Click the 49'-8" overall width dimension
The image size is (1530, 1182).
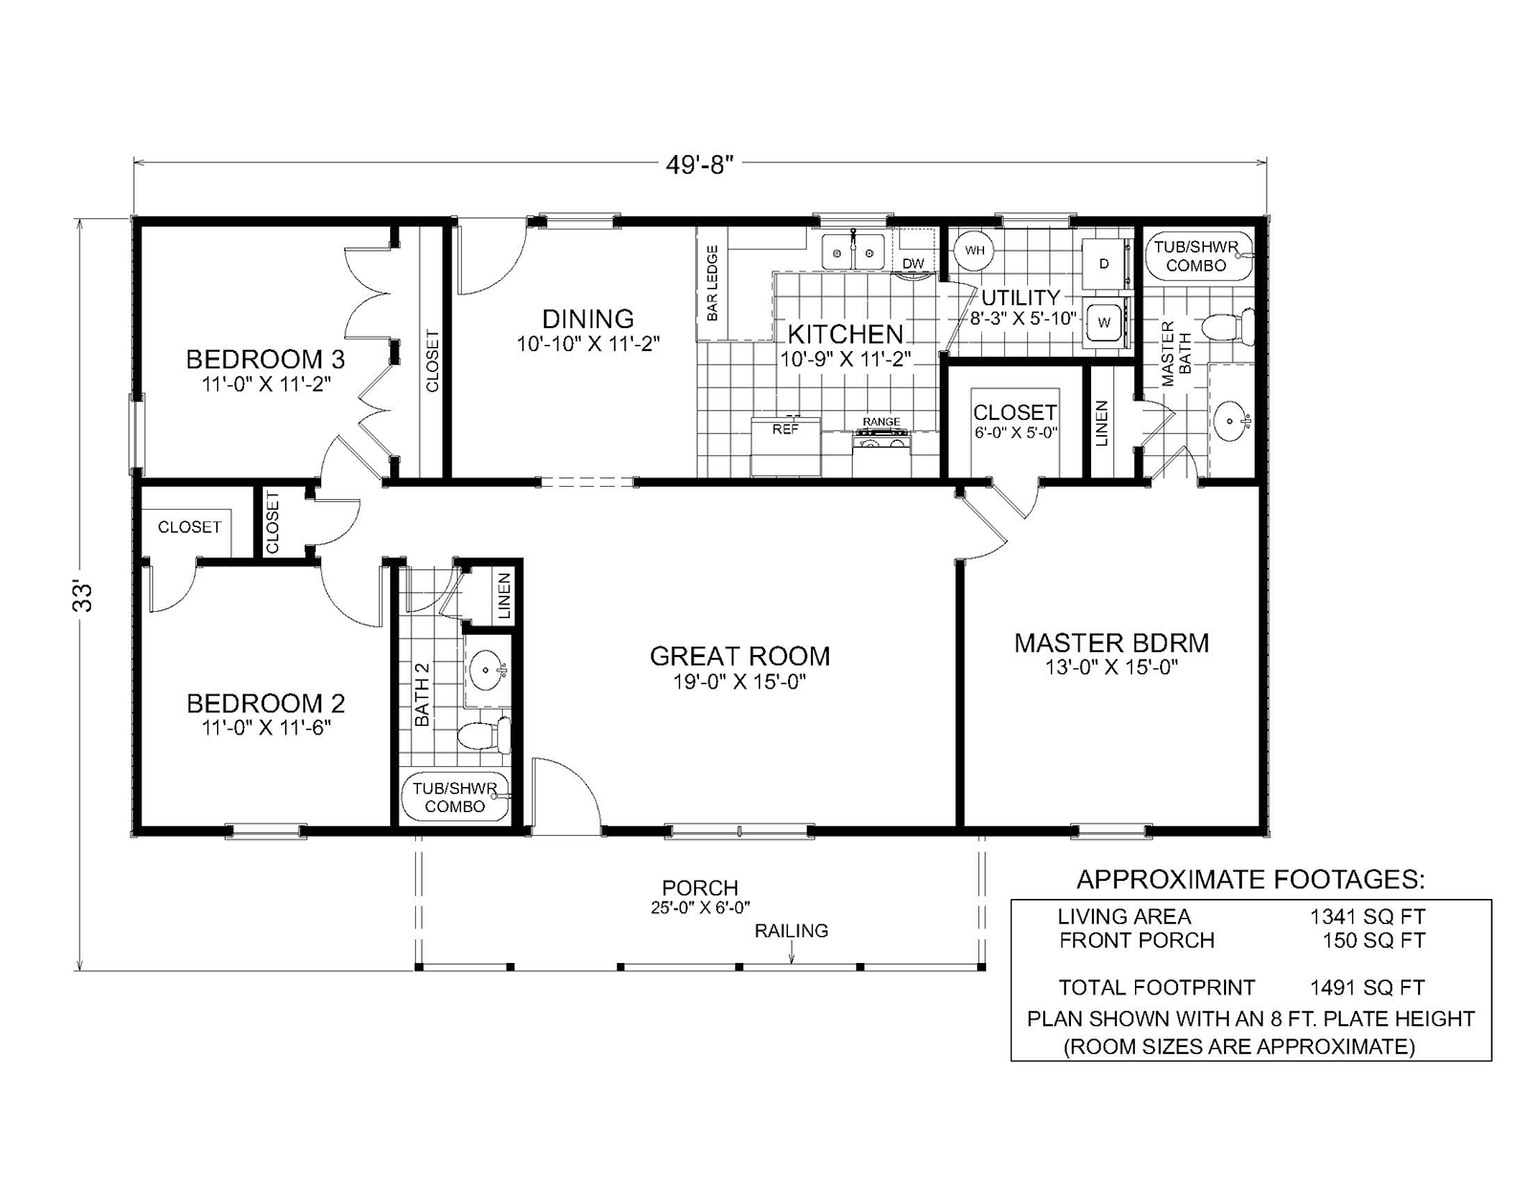coord(699,164)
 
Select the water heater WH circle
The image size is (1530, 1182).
coord(974,251)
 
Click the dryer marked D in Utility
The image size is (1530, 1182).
coord(1104,263)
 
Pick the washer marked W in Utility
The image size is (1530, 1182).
coord(1104,322)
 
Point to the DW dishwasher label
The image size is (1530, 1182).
coord(913,264)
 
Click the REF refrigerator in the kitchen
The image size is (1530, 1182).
coord(785,442)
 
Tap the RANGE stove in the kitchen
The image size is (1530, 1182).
coord(882,435)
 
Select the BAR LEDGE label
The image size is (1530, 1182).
coord(712,283)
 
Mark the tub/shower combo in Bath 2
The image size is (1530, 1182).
coord(455,798)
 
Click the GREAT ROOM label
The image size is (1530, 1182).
coord(739,656)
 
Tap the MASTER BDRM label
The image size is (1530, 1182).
coord(1111,643)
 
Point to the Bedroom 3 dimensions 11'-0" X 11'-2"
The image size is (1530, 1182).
coord(266,386)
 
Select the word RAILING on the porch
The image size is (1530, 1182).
coord(791,930)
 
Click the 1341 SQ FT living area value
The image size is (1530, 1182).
coord(1367,916)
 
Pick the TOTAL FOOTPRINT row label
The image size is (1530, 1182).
coord(1156,987)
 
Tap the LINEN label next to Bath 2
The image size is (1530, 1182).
coord(505,596)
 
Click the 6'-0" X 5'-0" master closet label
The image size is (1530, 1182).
coord(1015,432)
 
